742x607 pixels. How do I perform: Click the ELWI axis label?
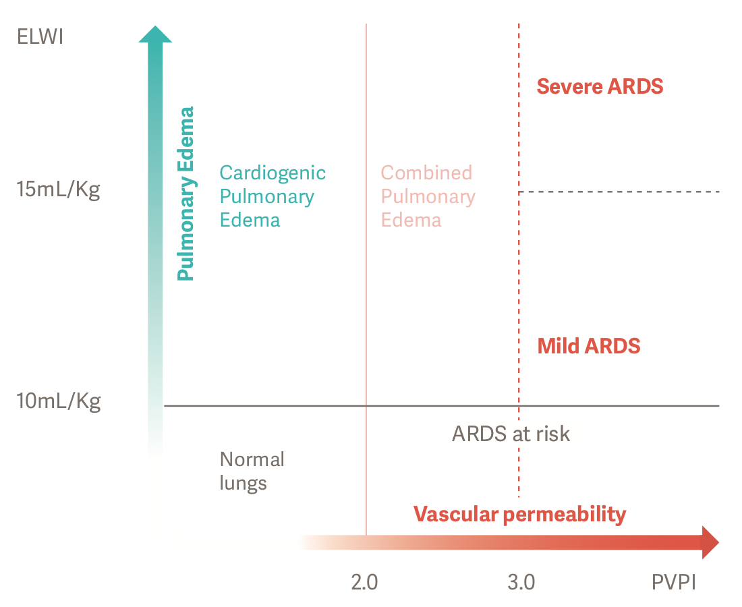point(40,36)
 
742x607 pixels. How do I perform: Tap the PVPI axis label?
point(673,581)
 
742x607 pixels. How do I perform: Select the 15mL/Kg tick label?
point(58,190)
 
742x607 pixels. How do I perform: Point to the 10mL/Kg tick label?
point(58,402)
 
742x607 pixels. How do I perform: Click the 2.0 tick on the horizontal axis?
point(364,581)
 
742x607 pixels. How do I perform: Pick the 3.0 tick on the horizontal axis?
point(521,581)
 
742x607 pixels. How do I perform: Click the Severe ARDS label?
point(600,86)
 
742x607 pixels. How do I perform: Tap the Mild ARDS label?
point(588,346)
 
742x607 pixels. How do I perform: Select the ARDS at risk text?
point(511,433)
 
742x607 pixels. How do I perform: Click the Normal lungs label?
point(252,471)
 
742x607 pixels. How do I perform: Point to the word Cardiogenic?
point(273,173)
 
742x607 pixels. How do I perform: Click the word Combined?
point(426,173)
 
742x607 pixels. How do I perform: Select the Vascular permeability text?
point(519,515)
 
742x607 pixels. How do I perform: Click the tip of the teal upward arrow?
point(155,30)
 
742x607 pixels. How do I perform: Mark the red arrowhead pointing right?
point(710,542)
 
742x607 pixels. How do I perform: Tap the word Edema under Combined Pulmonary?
point(411,220)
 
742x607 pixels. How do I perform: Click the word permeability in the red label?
point(565,515)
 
